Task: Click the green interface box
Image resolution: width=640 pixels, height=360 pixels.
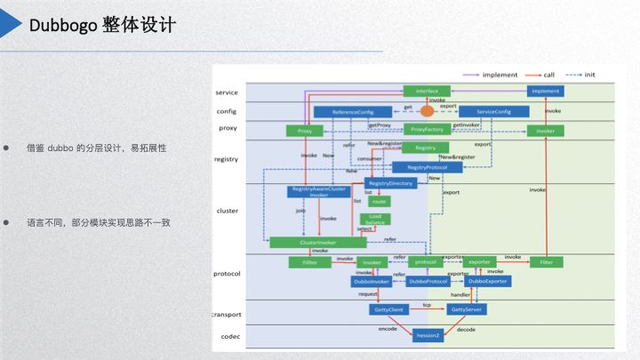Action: click(427, 91)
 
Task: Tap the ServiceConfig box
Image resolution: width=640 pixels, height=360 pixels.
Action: click(493, 112)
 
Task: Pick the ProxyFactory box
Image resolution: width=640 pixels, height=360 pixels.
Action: click(427, 130)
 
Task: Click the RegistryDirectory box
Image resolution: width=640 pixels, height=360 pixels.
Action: click(390, 183)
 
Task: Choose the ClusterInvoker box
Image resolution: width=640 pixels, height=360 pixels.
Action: click(317, 242)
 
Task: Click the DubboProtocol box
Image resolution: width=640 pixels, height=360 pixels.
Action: click(428, 281)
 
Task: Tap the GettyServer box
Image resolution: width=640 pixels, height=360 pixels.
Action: click(467, 309)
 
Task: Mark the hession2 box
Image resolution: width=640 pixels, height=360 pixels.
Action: click(428, 335)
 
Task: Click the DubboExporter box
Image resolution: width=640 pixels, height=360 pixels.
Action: click(487, 281)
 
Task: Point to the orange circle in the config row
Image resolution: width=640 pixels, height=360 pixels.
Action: click(427, 111)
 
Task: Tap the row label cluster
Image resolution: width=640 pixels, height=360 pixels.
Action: click(227, 211)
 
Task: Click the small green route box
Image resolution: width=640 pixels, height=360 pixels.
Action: click(380, 201)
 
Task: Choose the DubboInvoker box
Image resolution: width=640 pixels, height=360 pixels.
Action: click(372, 281)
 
